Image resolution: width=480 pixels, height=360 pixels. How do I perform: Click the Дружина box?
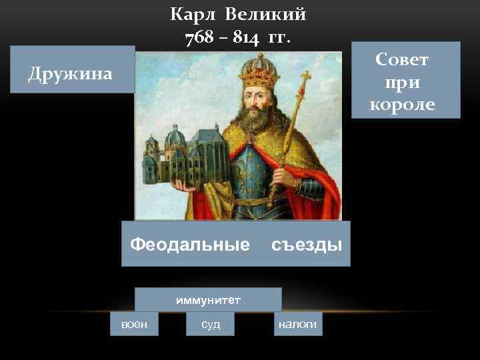[x=71, y=73]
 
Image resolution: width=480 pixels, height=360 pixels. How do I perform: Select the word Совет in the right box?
[x=402, y=60]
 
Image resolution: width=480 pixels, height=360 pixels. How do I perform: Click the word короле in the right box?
[x=402, y=104]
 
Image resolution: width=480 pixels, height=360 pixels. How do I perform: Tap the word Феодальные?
[x=189, y=245]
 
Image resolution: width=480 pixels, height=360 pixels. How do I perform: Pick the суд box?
[x=210, y=324]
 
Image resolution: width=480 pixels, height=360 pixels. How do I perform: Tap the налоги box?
[x=297, y=324]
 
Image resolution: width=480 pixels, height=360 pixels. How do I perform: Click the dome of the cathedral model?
[x=175, y=137]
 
